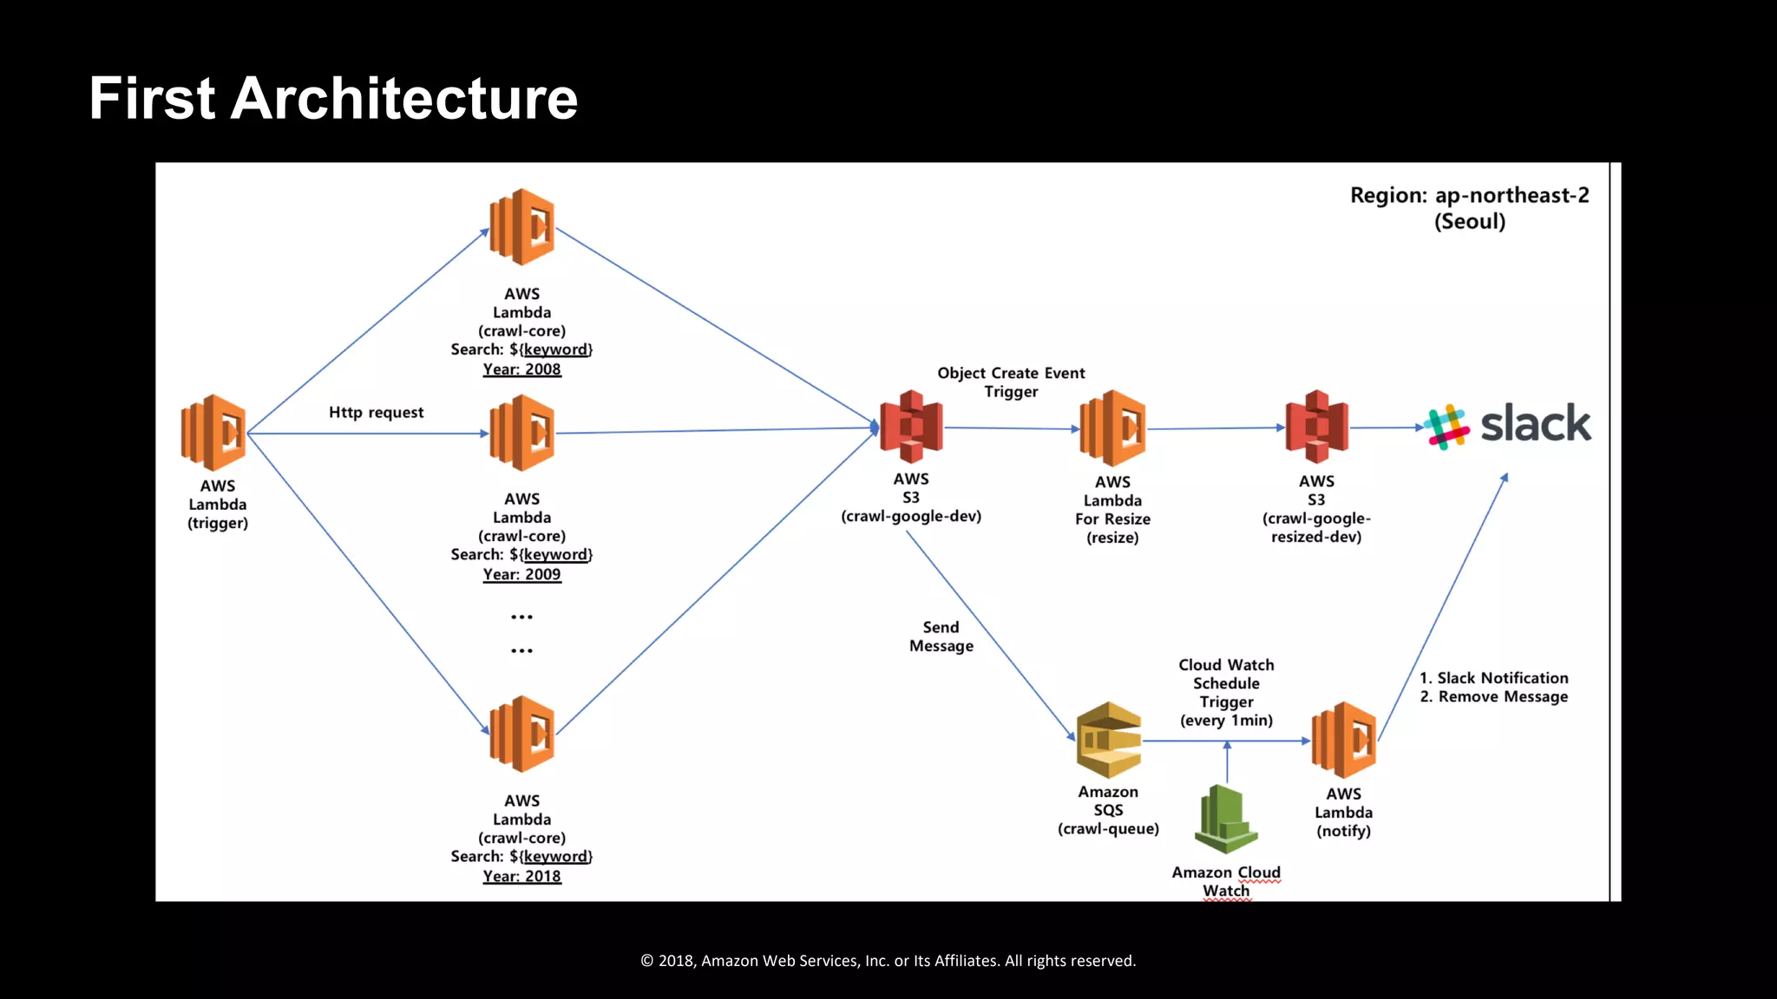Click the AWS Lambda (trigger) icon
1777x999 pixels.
[x=213, y=433]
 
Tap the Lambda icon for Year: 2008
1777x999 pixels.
[x=521, y=227]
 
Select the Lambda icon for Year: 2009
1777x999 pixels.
[x=521, y=433]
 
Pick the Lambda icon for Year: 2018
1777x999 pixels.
[x=521, y=734]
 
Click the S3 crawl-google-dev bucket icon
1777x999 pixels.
[x=911, y=427]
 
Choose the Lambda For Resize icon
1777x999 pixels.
[x=1112, y=428]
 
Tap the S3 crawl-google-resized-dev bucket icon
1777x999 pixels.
[x=1316, y=427]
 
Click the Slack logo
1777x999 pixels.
[x=1508, y=426]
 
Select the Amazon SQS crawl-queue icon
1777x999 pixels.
[x=1108, y=740]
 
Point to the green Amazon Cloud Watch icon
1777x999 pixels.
[x=1226, y=819]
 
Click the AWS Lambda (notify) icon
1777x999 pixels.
[x=1343, y=740]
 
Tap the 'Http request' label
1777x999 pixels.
[x=376, y=413]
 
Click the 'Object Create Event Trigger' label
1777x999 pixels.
[x=1011, y=382]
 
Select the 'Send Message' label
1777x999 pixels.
[x=941, y=637]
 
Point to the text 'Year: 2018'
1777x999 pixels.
[x=521, y=876]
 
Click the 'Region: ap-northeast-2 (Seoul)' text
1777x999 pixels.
[x=1469, y=208]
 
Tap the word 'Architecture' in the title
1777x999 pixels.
[x=403, y=98]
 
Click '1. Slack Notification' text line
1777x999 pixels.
[x=1493, y=678]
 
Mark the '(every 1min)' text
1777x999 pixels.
[x=1226, y=721]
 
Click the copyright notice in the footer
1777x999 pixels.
[x=888, y=961]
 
